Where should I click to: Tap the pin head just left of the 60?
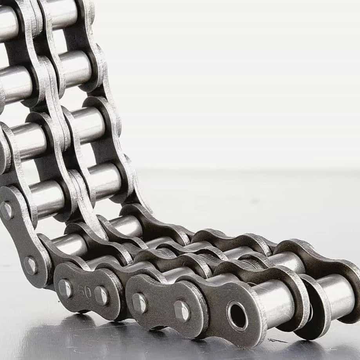point(65,288)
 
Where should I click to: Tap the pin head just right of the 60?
point(101,296)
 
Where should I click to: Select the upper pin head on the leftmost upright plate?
point(6,210)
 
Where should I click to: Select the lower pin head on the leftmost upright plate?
point(30,266)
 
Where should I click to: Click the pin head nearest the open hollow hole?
point(182,311)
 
